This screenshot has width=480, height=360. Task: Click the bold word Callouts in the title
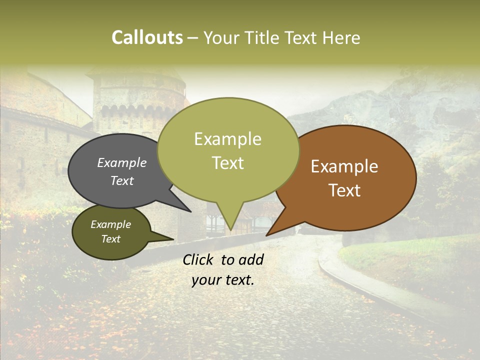(147, 37)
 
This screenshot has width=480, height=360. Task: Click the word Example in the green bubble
(227, 139)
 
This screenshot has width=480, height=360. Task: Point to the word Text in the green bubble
(227, 163)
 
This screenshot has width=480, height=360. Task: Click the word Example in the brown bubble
(344, 166)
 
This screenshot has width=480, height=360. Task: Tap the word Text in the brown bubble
(344, 190)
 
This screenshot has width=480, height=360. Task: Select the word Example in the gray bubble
(121, 163)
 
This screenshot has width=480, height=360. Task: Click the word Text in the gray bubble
(121, 180)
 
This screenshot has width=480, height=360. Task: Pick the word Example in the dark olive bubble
(110, 224)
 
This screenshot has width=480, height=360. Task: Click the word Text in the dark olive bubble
(110, 239)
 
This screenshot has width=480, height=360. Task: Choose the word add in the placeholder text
(251, 259)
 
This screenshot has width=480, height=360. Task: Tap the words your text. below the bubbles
(223, 280)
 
